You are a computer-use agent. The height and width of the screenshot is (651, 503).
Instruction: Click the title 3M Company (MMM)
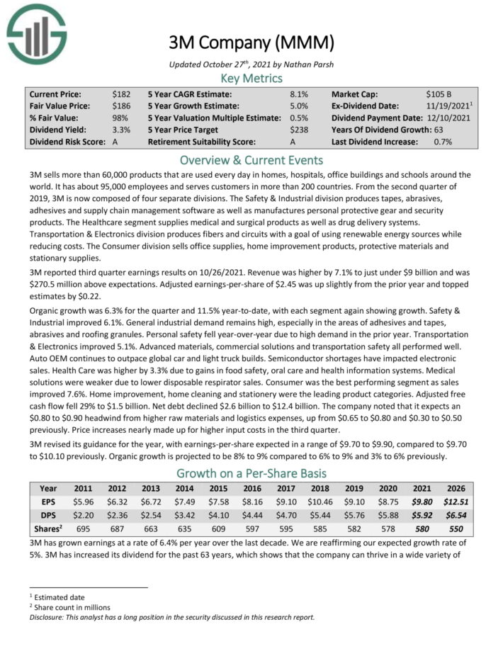pos(252,43)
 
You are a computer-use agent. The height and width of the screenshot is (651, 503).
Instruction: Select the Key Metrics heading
pos(252,78)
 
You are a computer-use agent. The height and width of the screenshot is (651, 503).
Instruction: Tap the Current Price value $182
pos(121,94)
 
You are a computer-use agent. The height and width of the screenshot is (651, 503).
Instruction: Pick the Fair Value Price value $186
pos(121,106)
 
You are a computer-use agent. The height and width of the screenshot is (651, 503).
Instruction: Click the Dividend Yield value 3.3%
pos(121,130)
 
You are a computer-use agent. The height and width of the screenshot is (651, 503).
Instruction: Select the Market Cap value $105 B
pos(440,94)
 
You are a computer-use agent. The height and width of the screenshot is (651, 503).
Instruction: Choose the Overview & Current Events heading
pos(252,160)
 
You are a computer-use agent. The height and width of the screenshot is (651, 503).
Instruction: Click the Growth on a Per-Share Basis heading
pos(252,473)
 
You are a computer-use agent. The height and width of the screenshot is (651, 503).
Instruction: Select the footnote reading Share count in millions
pos(72,607)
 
